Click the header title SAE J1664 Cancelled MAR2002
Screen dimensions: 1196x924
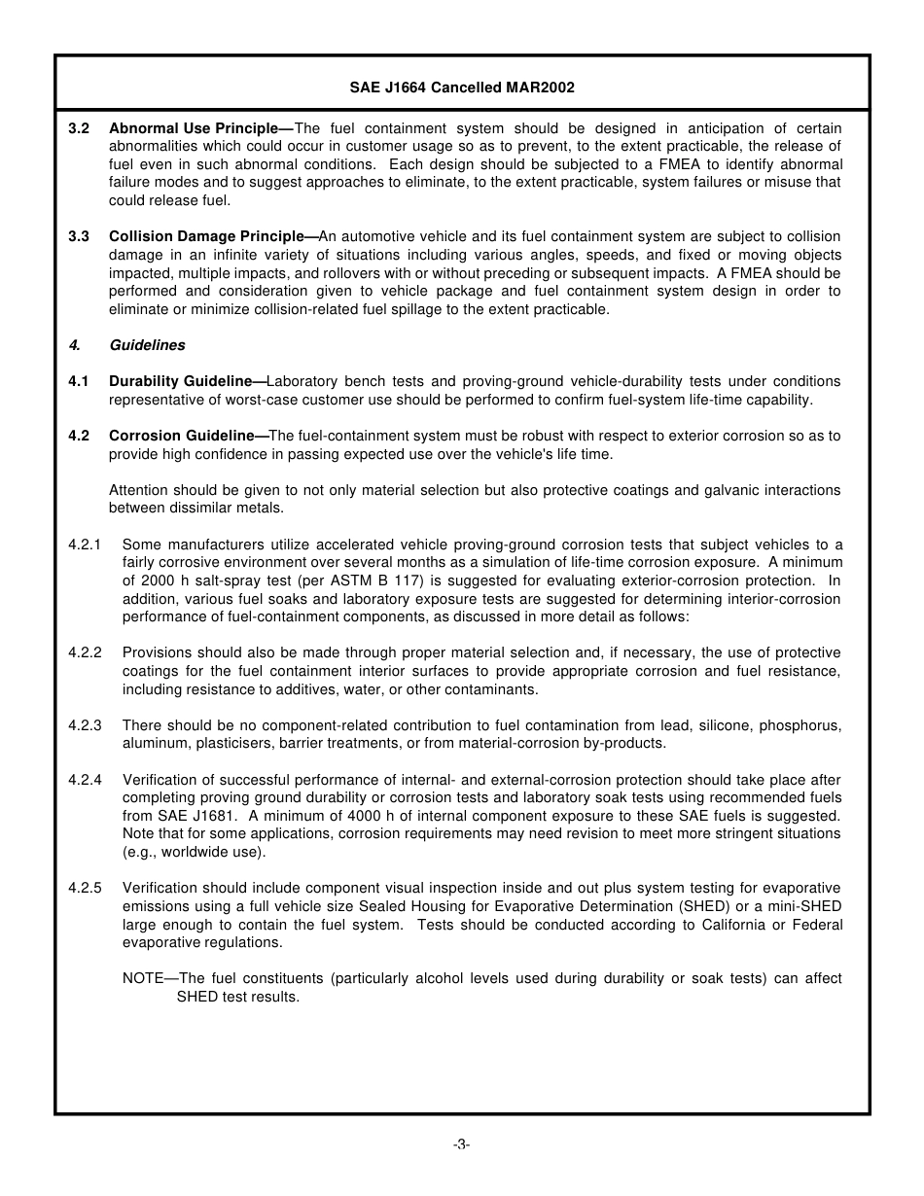click(462, 88)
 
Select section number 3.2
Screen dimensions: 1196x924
click(79, 128)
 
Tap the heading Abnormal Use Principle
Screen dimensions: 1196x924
click(194, 128)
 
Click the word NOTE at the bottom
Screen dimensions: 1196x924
click(143, 978)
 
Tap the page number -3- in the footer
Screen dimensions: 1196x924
click(461, 1144)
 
